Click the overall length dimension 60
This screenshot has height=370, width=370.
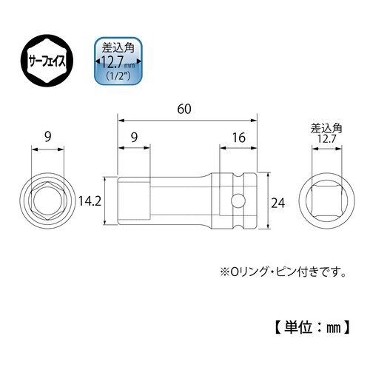[x=186, y=109]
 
